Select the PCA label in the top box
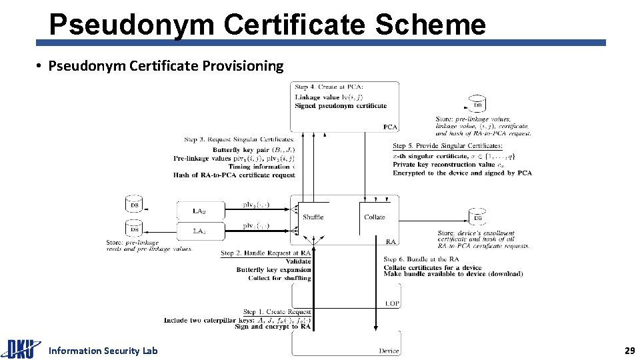390,127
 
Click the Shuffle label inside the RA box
313,217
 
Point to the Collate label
374,217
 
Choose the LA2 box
199,211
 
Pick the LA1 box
199,231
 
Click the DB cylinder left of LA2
134,204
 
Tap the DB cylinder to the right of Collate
477,216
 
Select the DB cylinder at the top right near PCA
477,104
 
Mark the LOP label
392,303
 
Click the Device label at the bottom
389,351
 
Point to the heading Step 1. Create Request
277,311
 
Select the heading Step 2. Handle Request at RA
265,253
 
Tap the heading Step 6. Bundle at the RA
420,259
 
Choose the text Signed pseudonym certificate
341,105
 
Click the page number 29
629,350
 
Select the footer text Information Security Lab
103,351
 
